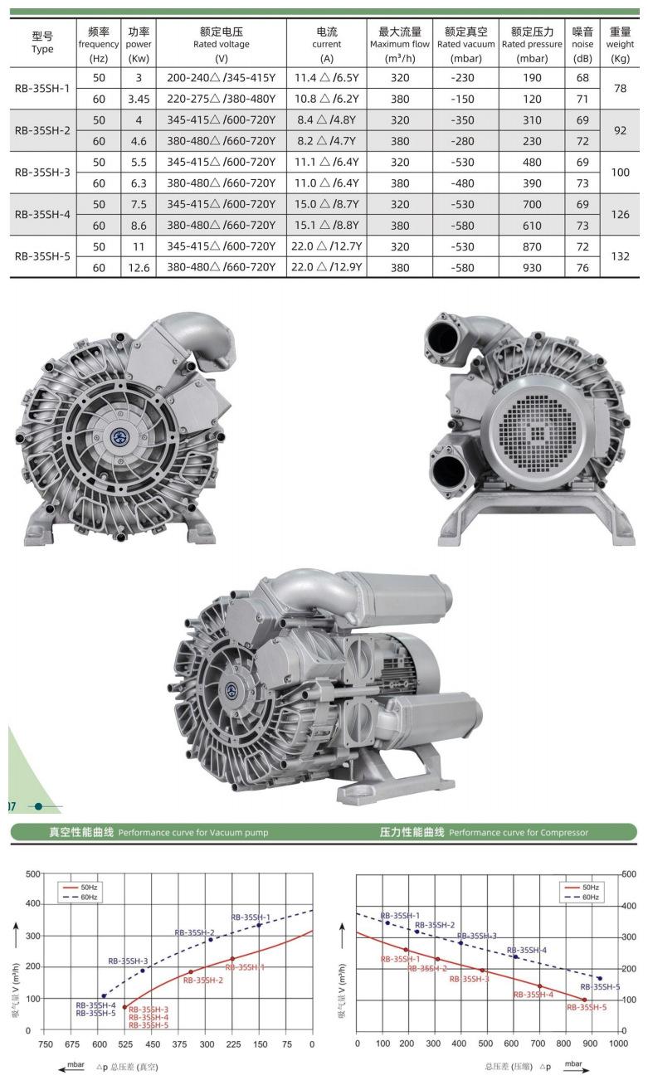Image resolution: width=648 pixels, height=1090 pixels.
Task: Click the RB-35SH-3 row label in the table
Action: [42, 173]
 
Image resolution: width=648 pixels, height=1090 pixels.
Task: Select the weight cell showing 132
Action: [620, 256]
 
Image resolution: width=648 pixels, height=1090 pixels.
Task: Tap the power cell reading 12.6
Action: [139, 268]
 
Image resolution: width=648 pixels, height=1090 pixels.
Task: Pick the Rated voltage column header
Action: [221, 44]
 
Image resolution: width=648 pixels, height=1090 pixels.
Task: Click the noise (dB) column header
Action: [582, 44]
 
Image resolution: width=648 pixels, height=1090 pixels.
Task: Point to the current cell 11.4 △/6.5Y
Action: [326, 78]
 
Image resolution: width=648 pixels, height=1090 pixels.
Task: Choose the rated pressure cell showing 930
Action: [532, 268]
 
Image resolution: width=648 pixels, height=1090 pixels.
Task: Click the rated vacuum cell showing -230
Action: [462, 78]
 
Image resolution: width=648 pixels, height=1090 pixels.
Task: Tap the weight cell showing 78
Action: [620, 88]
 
